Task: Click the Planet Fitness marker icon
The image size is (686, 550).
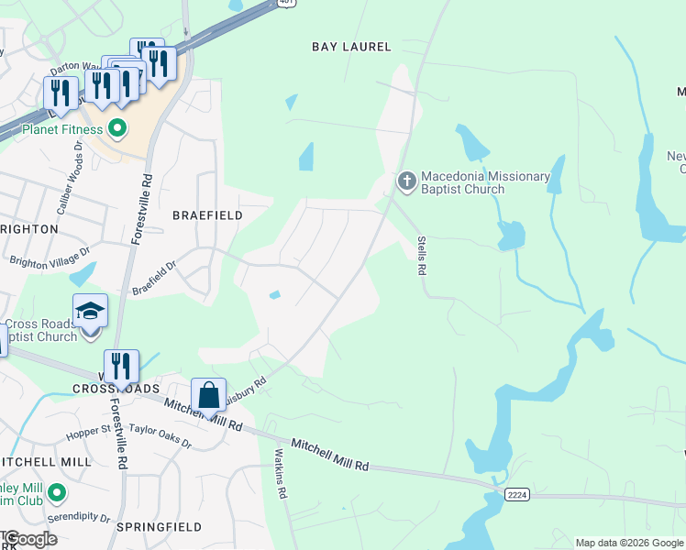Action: [117, 129]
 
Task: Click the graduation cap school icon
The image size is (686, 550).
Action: [91, 312]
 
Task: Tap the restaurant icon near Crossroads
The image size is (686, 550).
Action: [121, 367]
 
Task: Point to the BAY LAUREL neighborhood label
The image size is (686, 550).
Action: [351, 47]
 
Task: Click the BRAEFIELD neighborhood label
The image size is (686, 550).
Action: [207, 215]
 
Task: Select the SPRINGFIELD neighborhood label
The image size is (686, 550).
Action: [159, 528]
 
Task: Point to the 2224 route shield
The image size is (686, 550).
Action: [515, 495]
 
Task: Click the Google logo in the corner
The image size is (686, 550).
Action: [30, 539]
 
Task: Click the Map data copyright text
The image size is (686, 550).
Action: [628, 543]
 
